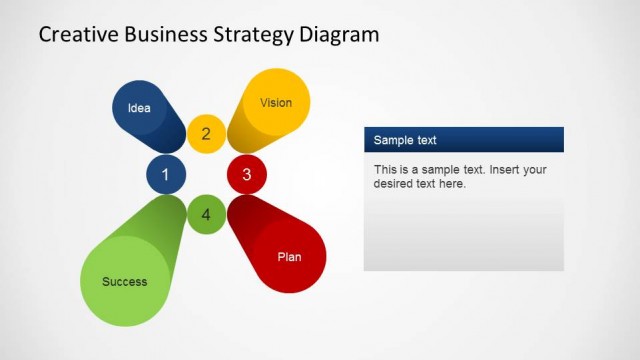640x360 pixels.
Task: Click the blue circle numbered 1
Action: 166,175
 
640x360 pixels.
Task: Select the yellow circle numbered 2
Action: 206,134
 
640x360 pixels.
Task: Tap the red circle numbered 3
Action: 247,175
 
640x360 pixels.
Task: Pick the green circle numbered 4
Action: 206,214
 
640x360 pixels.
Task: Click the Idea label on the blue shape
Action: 139,108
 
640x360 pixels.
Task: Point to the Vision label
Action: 276,102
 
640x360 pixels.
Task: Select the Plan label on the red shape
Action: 289,257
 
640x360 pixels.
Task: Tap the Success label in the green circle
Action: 124,282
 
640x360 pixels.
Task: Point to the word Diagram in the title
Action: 340,35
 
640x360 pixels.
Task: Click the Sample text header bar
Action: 463,140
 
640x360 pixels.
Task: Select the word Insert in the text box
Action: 498,170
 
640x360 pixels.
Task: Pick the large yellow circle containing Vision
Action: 276,102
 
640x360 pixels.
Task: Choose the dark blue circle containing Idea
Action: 139,107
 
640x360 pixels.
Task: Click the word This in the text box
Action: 386,170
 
